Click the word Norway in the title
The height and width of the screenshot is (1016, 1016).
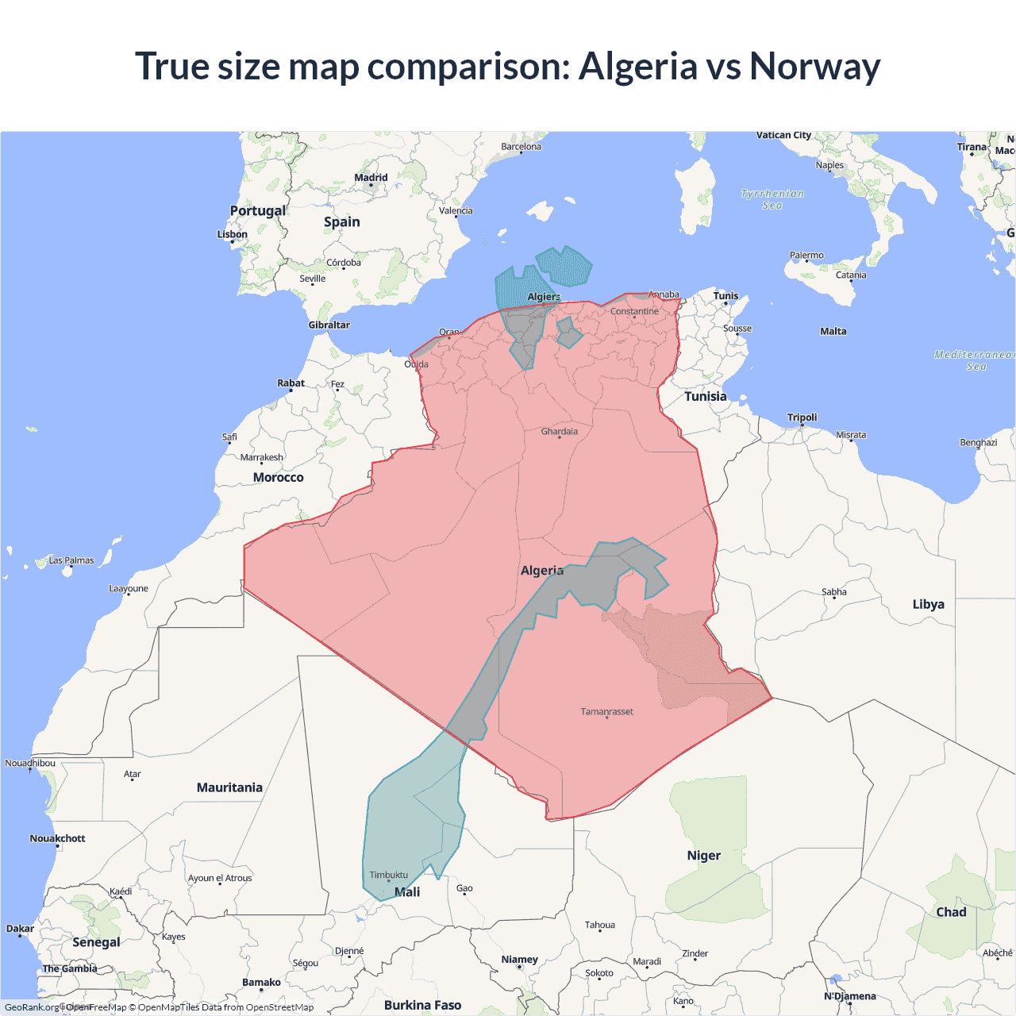[814, 67]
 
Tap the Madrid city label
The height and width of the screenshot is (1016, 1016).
[371, 178]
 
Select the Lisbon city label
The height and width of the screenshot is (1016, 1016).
[233, 234]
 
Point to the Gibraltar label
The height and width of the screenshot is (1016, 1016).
[329, 325]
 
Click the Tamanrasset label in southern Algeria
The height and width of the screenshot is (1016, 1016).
[606, 711]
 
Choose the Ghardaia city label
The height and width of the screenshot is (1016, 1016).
[559, 432]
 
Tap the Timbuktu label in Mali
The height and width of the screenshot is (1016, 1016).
[388, 875]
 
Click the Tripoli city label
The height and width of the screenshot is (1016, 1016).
[802, 418]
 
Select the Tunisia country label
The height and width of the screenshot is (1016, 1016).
[705, 396]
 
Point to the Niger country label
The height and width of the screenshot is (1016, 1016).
[703, 855]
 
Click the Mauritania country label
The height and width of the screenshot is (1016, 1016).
[229, 787]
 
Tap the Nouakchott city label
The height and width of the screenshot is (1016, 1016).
[57, 838]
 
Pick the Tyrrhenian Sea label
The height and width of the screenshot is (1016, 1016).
[772, 199]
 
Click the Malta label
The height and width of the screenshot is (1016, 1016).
[833, 331]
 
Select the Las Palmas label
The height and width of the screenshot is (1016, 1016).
[71, 560]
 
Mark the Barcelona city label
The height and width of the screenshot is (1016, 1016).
[521, 146]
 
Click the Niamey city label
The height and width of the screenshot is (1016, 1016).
[519, 960]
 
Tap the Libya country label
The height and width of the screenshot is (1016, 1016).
[928, 604]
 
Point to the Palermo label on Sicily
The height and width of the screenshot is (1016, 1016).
[806, 256]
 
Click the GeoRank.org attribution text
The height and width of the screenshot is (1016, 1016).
[32, 1007]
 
